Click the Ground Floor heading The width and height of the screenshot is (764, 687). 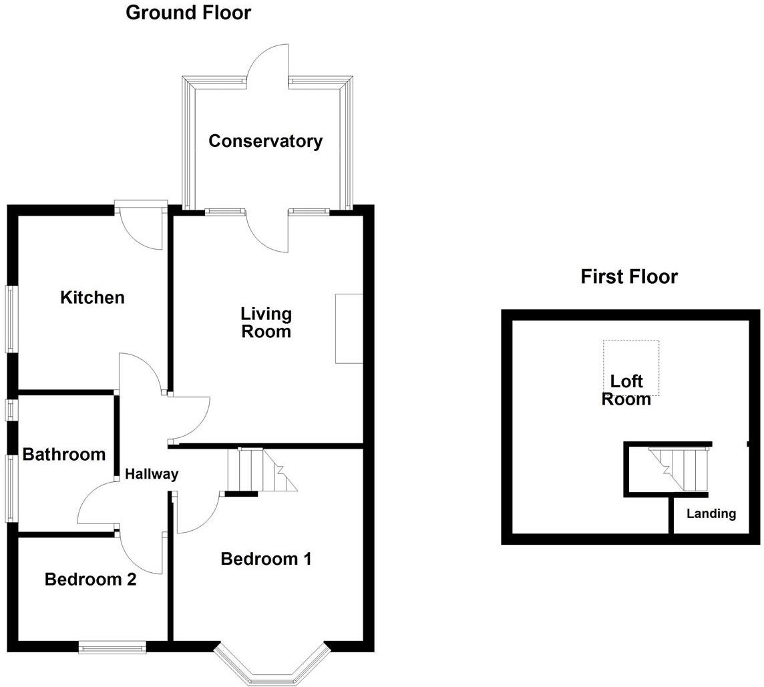[188, 13]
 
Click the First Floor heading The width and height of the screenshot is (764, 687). [629, 276]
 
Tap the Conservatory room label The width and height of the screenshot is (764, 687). [265, 142]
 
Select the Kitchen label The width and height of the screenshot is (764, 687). [92, 297]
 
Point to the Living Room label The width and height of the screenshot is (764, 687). [266, 322]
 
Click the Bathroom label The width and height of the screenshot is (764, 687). [64, 455]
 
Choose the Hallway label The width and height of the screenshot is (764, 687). [152, 474]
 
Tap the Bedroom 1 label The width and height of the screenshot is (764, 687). [266, 559]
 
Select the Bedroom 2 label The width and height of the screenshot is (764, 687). [90, 580]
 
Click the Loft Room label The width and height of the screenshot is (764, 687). [626, 391]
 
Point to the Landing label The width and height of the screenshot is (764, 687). [711, 514]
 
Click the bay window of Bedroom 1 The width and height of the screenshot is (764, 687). [271, 668]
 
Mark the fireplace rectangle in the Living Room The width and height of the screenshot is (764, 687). [349, 328]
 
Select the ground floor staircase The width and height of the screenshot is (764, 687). [262, 470]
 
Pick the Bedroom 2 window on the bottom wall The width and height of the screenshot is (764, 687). [112, 646]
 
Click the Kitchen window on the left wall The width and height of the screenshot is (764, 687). [11, 319]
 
